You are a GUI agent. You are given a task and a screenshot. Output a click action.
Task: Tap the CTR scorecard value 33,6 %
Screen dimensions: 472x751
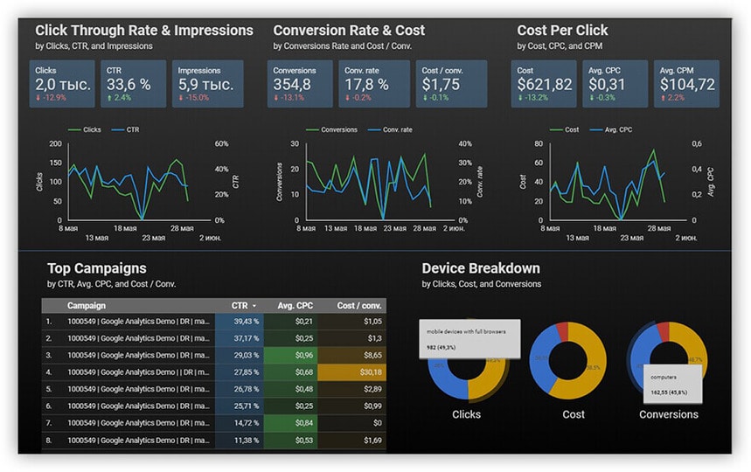click(129, 84)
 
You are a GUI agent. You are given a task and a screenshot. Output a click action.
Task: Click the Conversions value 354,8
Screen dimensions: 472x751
click(292, 84)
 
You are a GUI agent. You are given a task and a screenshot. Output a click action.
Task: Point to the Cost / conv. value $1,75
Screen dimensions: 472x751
click(440, 84)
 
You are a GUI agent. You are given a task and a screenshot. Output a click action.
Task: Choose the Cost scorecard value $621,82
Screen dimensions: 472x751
click(545, 84)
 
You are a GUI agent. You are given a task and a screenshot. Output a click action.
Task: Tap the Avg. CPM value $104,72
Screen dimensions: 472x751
click(687, 84)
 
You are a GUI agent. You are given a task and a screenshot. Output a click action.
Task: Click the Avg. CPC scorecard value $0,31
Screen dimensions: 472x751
click(607, 84)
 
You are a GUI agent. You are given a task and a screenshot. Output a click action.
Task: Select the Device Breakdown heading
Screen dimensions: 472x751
click(481, 268)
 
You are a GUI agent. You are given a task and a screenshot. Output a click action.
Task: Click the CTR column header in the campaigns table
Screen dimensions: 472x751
click(241, 305)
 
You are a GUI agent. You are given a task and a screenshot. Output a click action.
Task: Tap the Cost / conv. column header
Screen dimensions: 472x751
click(359, 305)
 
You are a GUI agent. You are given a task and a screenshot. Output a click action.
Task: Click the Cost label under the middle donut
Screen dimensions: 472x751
click(574, 414)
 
